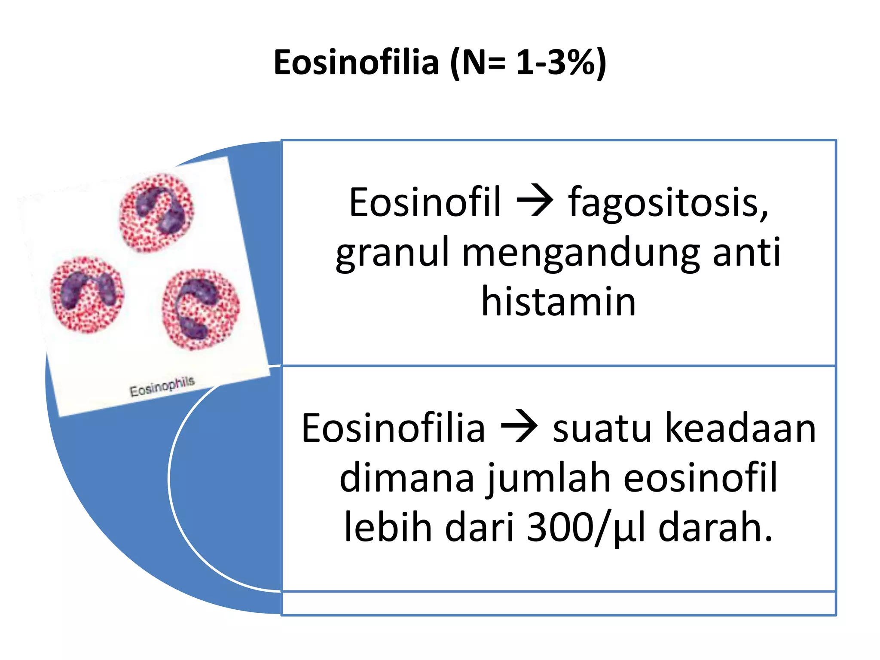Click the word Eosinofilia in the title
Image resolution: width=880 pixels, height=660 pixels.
point(356,63)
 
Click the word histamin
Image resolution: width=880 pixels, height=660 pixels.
point(558,302)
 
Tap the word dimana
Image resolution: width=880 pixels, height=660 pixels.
point(406,478)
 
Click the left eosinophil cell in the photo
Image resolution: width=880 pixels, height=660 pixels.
point(87,294)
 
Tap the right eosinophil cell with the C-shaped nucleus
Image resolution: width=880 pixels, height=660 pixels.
point(201,309)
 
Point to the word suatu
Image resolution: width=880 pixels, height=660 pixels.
point(602,428)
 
